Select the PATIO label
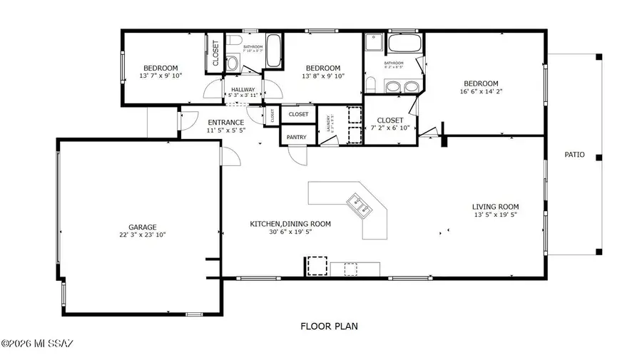pos(574,154)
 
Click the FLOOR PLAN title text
pos(329,326)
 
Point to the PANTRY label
pos(297,137)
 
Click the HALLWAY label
pos(243,90)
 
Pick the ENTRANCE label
pos(226,122)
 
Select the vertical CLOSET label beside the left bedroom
pos(215,52)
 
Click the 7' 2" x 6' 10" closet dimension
pos(389,128)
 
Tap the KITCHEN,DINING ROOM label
pos(290,224)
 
